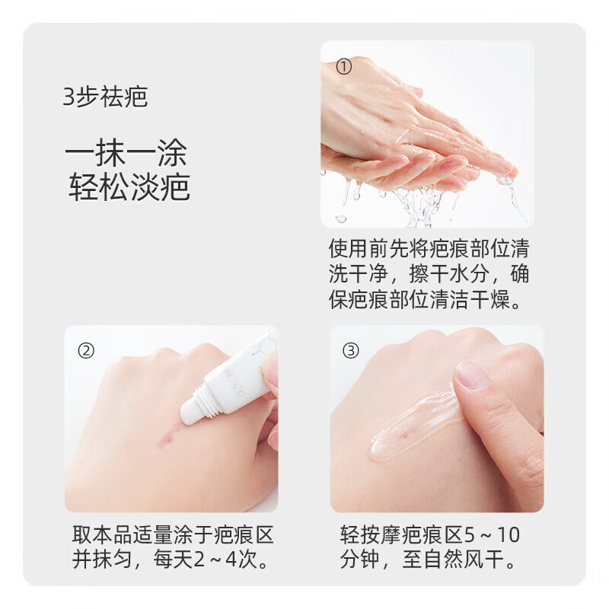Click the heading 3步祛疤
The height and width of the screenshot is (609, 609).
pos(106,98)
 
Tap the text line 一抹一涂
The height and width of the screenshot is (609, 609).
pos(126,154)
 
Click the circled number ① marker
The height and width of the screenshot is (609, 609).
pos(344,67)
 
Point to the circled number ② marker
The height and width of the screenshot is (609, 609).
pos(87,350)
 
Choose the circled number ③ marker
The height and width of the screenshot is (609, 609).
pos(351,350)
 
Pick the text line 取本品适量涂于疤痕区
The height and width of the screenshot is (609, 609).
pos(173,535)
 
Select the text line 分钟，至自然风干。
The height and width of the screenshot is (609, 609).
pos(429,561)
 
